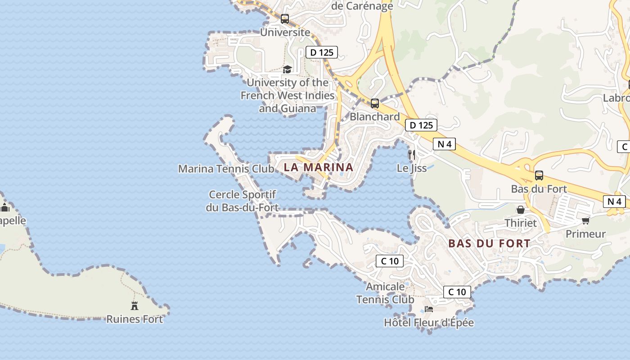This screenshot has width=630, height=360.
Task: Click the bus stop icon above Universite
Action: [285, 19]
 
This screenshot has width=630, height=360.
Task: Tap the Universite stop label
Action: [285, 32]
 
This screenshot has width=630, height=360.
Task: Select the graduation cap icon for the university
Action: [287, 69]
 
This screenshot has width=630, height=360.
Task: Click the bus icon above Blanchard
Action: [375, 103]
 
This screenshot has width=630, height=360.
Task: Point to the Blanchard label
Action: [375, 117]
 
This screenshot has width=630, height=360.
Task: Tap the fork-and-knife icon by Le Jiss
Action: [411, 155]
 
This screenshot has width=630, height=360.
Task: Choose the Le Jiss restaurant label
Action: [411, 168]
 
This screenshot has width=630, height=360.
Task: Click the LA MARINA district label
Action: [319, 167]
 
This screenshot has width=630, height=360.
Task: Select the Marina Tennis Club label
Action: [226, 169]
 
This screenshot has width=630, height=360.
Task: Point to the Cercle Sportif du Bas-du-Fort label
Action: [243, 201]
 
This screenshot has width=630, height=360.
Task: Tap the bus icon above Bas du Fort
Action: [539, 175]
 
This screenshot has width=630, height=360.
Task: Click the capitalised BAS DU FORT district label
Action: [489, 243]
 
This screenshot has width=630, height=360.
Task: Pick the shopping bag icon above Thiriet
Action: [521, 210]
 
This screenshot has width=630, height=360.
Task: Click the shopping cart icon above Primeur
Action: [585, 220]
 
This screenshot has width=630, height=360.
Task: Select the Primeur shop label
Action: [585, 234]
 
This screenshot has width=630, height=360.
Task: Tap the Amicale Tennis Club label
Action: [385, 293]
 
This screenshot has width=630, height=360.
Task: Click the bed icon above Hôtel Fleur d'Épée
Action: [429, 309]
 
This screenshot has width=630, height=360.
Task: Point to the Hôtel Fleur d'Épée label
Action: [429, 323]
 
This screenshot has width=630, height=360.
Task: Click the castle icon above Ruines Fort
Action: [134, 306]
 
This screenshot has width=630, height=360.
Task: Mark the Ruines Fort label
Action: [134, 319]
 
